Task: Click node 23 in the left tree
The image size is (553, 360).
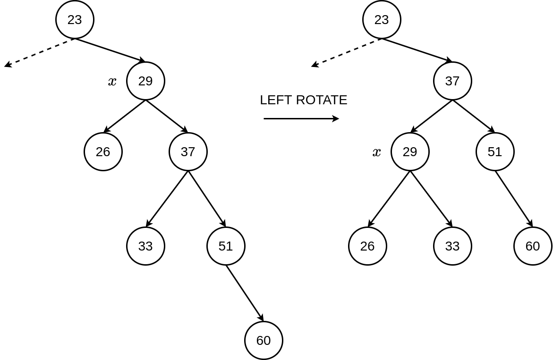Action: [75, 20]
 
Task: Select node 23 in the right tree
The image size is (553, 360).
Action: [382, 20]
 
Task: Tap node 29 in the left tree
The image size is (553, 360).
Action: [145, 81]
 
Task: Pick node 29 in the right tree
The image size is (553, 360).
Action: [410, 152]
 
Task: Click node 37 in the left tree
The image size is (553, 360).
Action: [188, 152]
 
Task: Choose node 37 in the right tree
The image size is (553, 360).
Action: [452, 81]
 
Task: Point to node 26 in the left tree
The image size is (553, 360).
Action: [103, 152]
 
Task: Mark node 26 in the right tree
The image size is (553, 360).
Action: [367, 246]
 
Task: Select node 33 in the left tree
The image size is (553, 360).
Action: [145, 246]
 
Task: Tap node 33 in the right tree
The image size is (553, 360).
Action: [452, 246]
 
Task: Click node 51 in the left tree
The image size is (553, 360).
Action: [226, 246]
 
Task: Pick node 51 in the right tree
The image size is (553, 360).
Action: [495, 152]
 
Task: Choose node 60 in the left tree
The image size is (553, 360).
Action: [264, 341]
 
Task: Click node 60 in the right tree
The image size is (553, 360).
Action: [533, 246]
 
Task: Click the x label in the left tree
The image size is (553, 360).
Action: [112, 82]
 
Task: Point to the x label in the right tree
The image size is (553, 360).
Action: [376, 152]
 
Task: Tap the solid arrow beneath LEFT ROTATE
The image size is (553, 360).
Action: [301, 118]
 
